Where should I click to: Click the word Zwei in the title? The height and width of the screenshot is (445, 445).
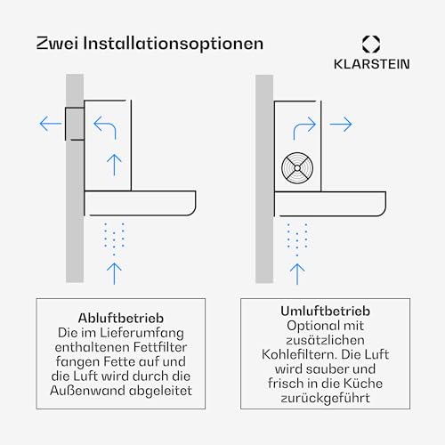tap(56, 43)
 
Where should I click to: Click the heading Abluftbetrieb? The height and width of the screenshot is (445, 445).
tap(125, 317)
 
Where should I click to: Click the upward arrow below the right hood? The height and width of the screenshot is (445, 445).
tap(298, 271)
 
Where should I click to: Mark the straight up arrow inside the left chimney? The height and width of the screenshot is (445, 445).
tap(112, 164)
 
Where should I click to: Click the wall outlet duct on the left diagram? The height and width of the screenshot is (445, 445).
tap(73, 123)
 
